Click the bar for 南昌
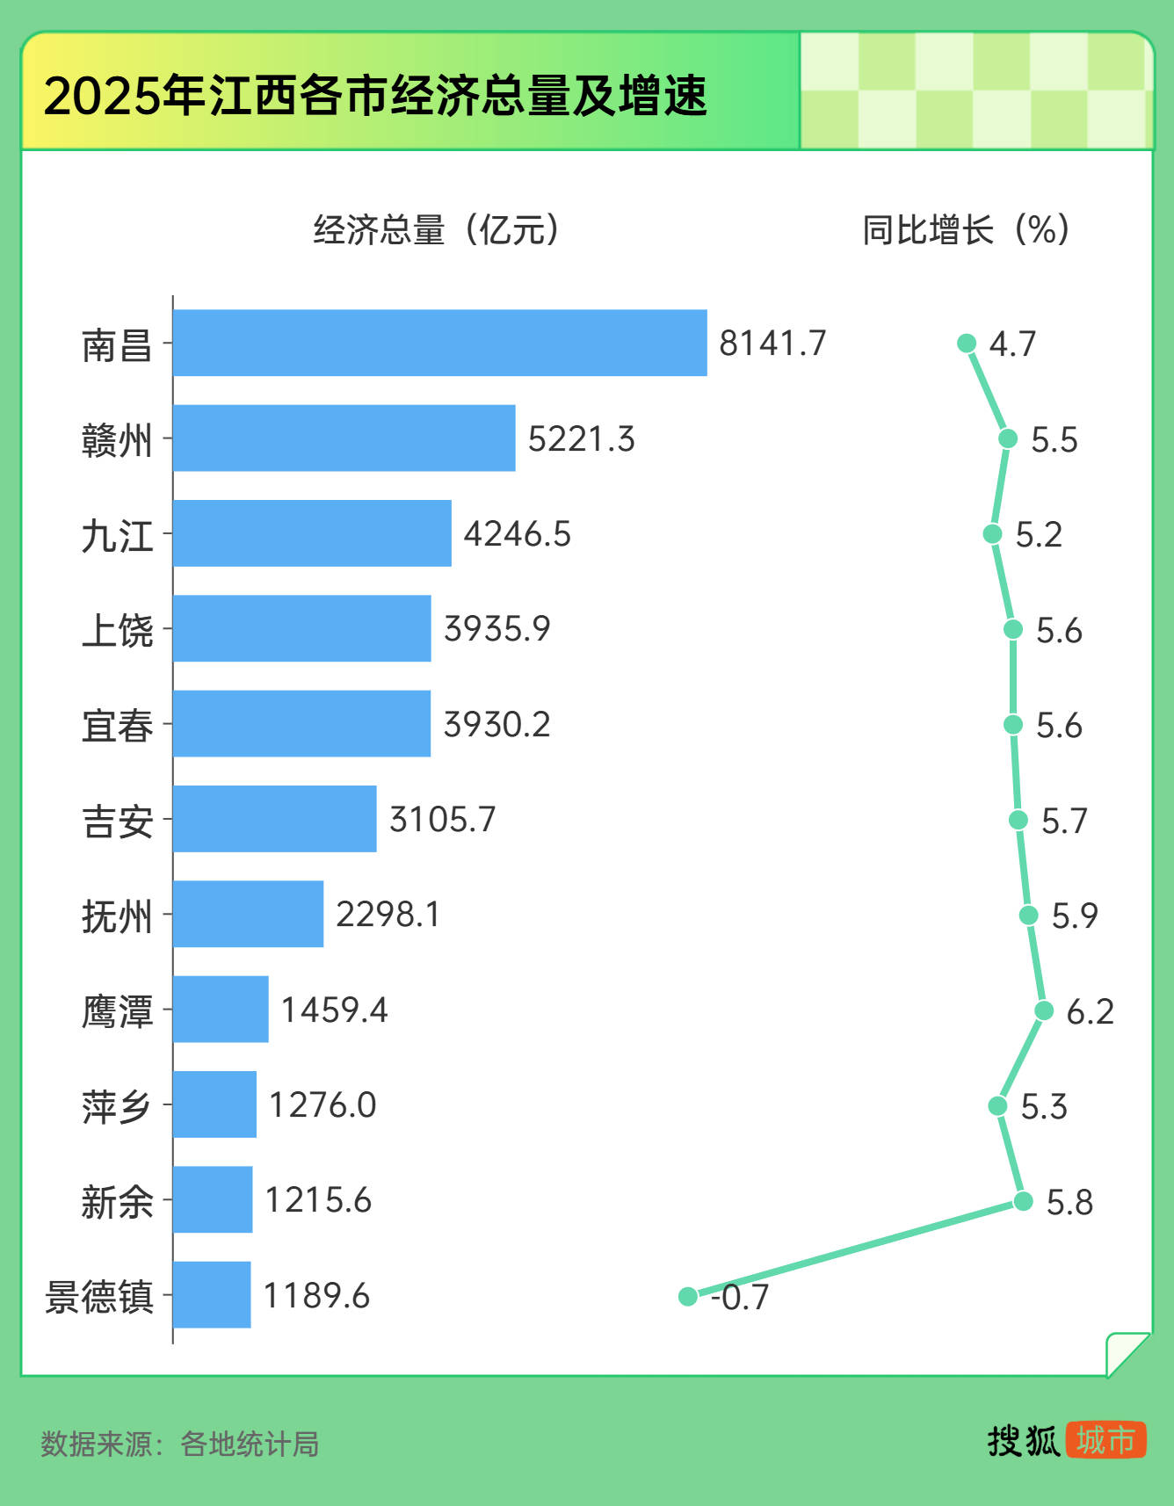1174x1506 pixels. point(439,343)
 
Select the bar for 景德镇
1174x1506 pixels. point(212,1294)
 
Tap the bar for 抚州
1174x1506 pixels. point(248,914)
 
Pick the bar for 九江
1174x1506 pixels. point(312,533)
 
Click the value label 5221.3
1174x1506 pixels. point(581,438)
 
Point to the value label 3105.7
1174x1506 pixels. point(442,819)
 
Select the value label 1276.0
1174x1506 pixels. point(322,1104)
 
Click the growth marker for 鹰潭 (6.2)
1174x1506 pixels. point(1043,1010)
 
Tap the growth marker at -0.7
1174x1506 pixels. point(688,1296)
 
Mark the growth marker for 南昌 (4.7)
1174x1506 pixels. point(967,343)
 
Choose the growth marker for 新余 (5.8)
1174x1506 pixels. point(1023,1200)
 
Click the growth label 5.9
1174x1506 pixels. point(1074,916)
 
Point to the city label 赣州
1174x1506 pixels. point(117,439)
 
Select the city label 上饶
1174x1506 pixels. point(117,630)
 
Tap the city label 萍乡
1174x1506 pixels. point(117,1105)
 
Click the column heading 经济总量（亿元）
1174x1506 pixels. point(436,230)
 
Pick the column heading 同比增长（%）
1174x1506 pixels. point(965,230)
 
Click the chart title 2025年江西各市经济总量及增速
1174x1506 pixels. point(375,95)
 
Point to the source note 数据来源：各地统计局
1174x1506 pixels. point(180,1444)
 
